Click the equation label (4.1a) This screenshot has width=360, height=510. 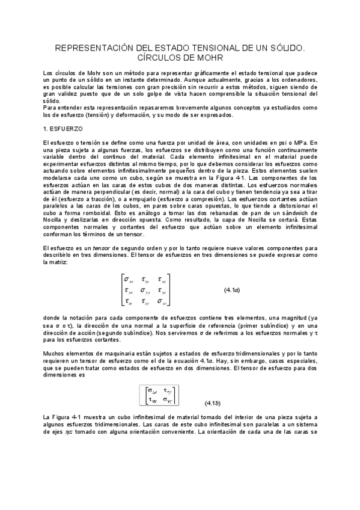coord(232,289)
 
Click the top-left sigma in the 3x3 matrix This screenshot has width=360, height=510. coord(128,279)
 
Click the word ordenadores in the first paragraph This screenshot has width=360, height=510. coord(297,79)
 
